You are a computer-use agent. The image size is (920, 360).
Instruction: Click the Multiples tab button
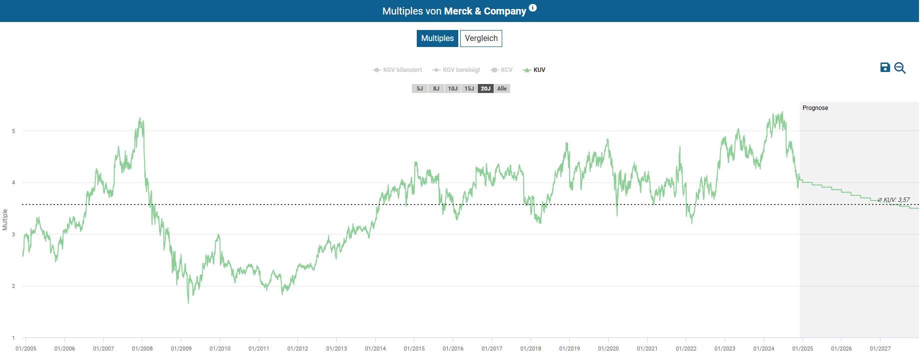click(437, 38)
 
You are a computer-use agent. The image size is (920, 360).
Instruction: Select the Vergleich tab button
click(481, 38)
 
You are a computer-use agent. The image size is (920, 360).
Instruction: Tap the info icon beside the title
click(533, 7)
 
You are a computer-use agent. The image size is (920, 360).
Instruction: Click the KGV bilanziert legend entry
click(397, 70)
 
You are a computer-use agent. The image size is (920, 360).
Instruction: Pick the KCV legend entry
click(502, 70)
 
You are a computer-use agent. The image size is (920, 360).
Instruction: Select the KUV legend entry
click(534, 70)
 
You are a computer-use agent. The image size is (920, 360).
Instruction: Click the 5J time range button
click(420, 88)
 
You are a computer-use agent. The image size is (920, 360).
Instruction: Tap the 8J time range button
click(436, 88)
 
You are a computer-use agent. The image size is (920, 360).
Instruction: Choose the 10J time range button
click(453, 88)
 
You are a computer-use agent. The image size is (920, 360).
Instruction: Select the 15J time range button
click(469, 88)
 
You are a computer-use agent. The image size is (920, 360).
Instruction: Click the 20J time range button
click(486, 88)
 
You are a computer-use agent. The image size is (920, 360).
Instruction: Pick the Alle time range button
click(502, 88)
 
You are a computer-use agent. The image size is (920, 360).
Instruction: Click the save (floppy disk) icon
click(885, 67)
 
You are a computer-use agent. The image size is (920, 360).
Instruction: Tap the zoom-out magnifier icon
click(900, 68)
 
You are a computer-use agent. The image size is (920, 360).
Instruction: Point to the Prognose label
click(815, 108)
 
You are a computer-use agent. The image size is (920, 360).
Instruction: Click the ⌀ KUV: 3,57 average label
click(894, 200)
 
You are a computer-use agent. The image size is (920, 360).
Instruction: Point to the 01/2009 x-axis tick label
click(181, 348)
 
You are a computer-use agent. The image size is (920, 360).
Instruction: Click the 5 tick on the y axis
click(13, 131)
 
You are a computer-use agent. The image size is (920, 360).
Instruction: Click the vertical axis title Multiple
click(5, 219)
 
